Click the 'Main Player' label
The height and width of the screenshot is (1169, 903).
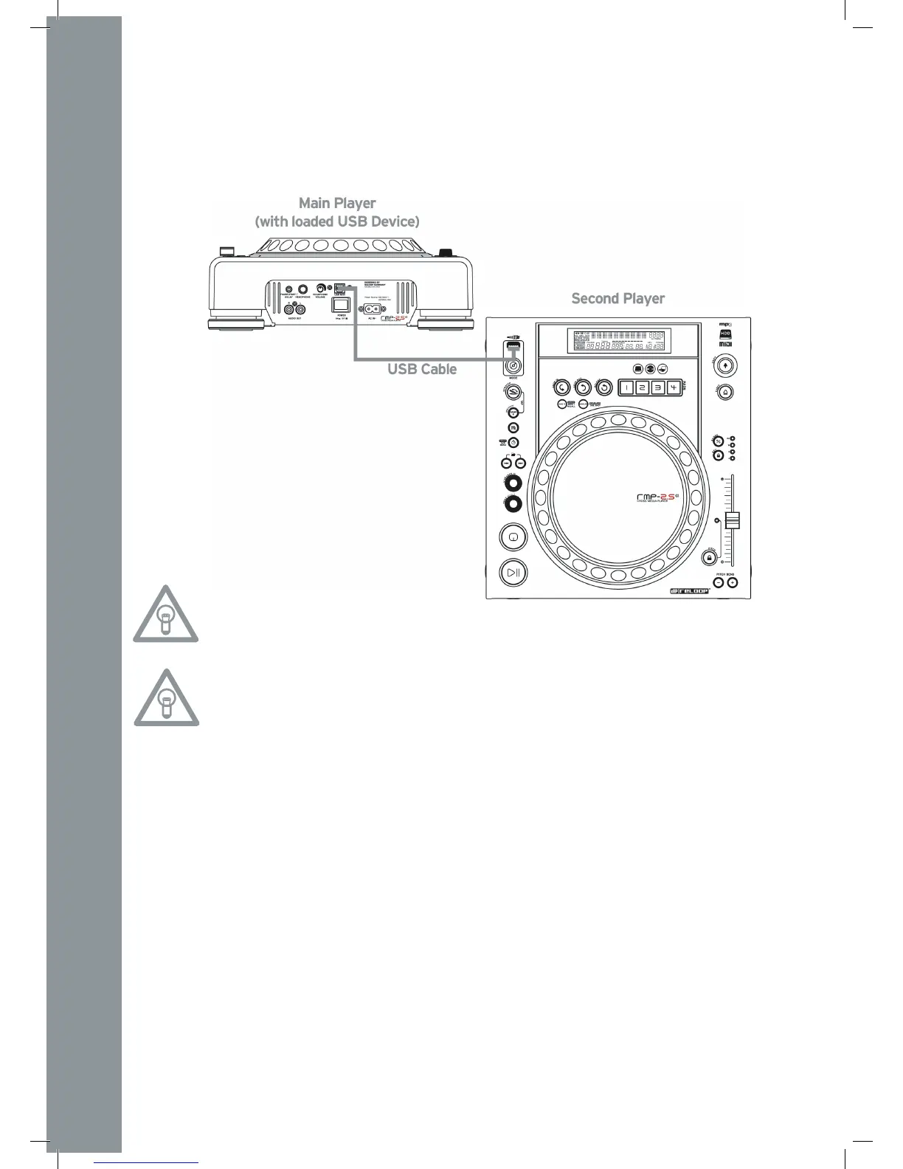337,203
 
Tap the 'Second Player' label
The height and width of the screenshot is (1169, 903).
618,299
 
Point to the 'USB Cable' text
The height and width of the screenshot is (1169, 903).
422,369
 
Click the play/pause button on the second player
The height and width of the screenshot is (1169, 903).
512,572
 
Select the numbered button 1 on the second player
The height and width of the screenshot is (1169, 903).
626,387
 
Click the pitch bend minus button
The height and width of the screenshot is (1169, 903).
719,583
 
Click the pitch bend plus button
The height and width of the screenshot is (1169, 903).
732,583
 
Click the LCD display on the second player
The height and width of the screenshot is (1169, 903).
616,340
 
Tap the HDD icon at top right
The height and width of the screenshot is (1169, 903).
724,334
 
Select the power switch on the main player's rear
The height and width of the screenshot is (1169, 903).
341,303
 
